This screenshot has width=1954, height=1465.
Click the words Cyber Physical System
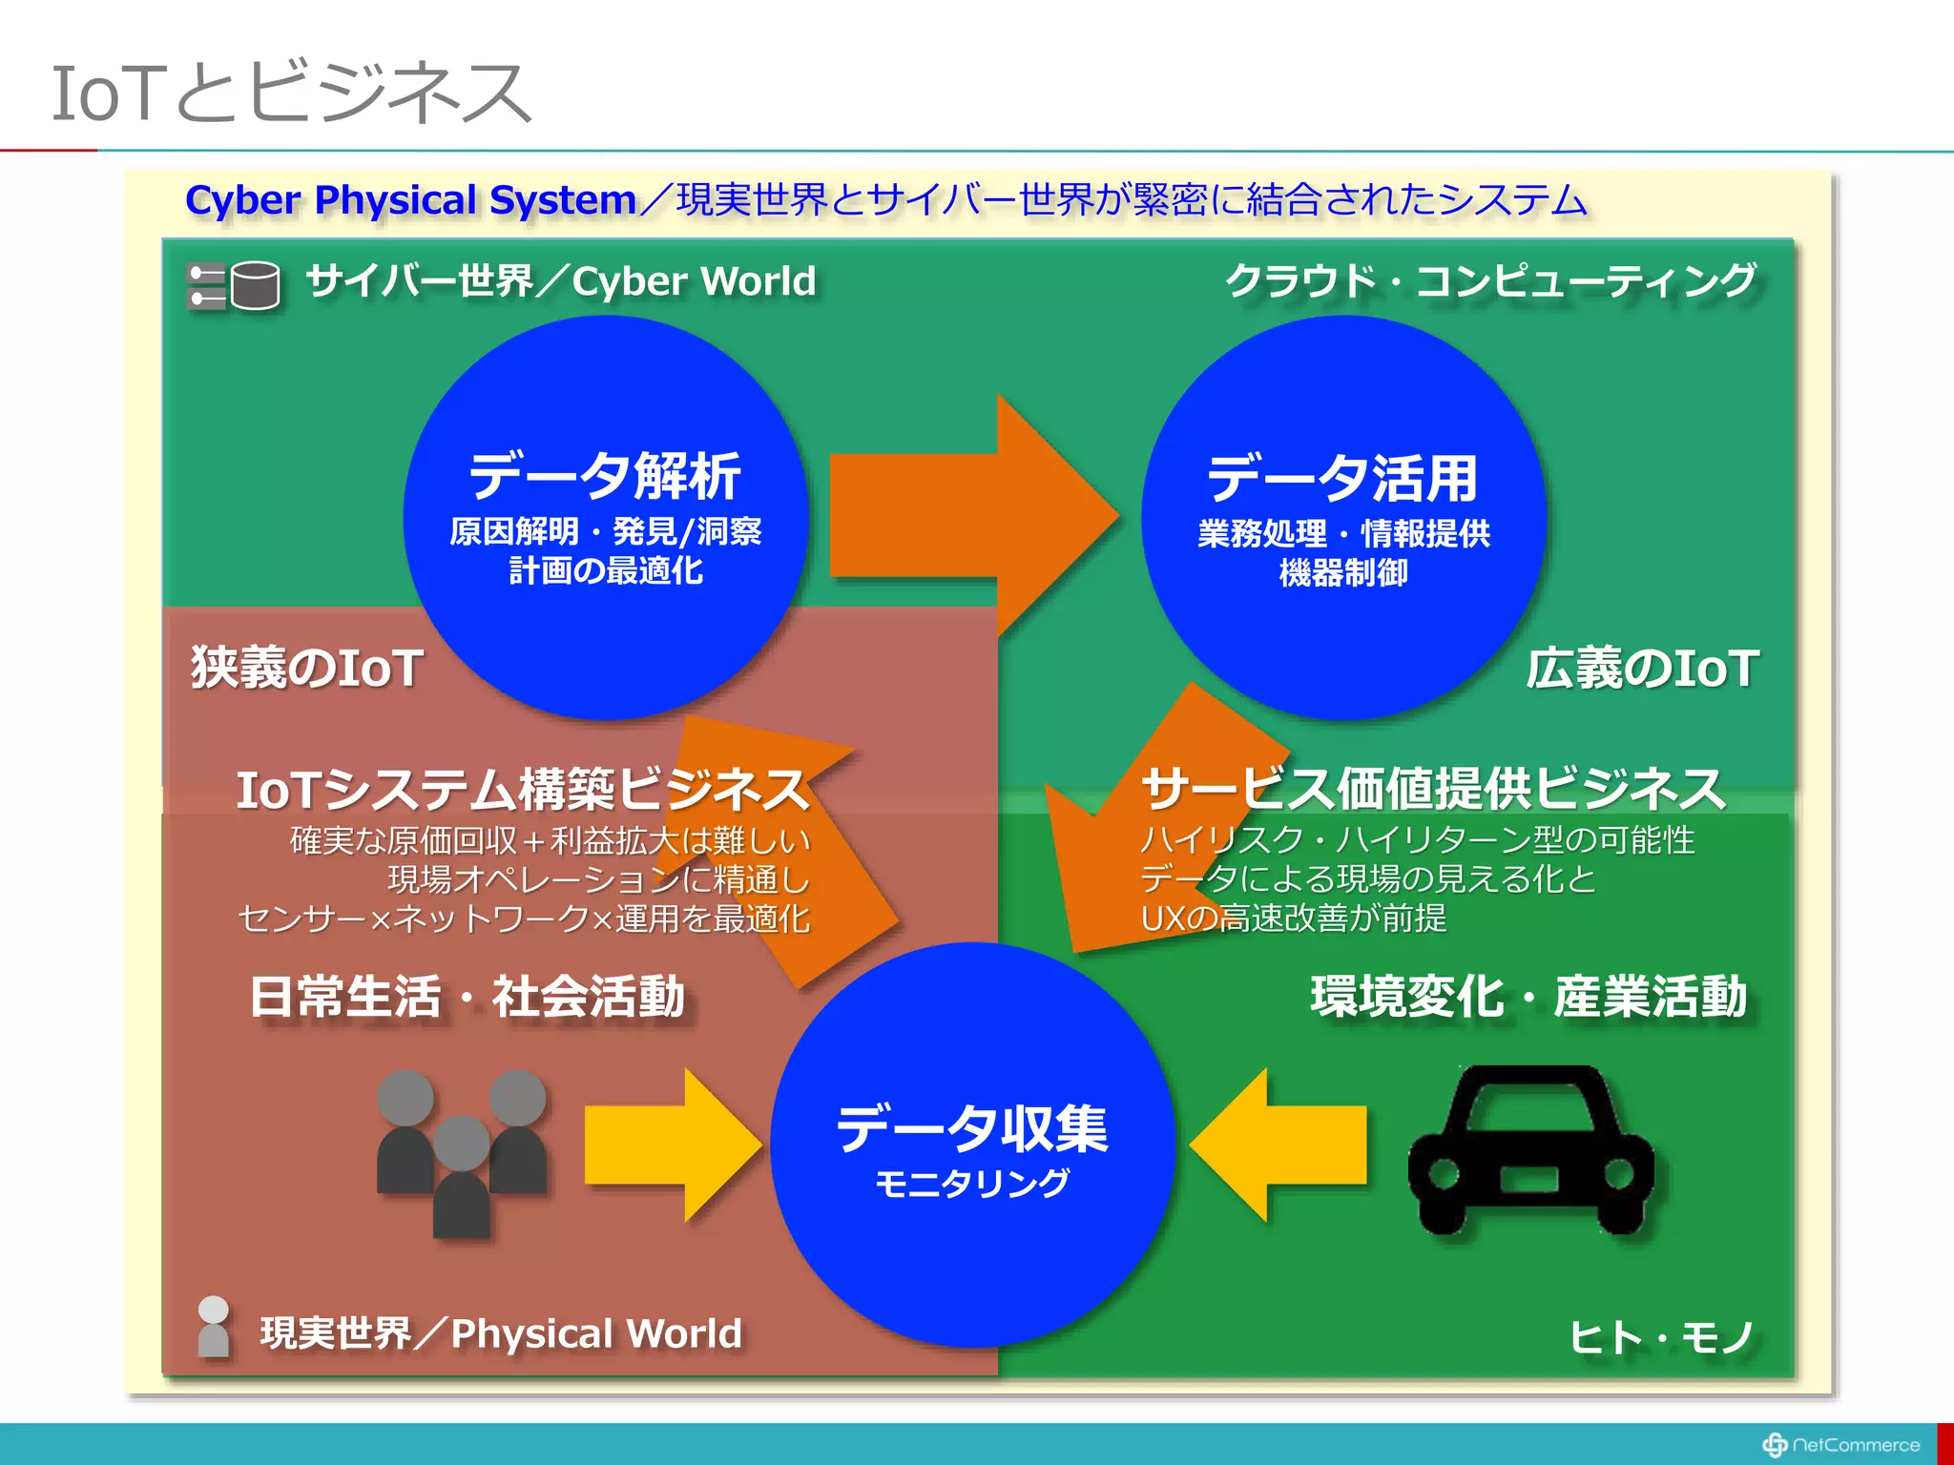(410, 200)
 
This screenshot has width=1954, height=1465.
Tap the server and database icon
(234, 285)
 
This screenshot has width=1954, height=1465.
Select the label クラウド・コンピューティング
(1490, 280)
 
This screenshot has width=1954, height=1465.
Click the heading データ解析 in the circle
(605, 476)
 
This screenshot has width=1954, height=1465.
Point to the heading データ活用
(1342, 478)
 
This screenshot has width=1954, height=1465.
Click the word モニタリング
(972, 1184)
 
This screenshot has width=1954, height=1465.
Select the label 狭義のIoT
(307, 667)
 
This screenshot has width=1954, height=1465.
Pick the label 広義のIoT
(1642, 668)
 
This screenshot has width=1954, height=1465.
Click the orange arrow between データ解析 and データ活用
(964, 516)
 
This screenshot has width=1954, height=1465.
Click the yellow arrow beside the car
(1278, 1145)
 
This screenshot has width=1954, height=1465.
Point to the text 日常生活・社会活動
(468, 997)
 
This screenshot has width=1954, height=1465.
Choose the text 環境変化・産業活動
(1528, 997)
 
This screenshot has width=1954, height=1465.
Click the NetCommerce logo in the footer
(1841, 1445)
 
